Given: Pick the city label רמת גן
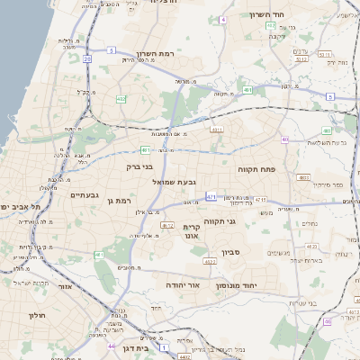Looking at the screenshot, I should pyautogui.click(x=119, y=201).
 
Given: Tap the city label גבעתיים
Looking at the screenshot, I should pyautogui.click(x=84, y=194).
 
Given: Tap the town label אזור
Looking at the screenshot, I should pyautogui.click(x=65, y=286).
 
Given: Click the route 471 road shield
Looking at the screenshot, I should pyautogui.click(x=211, y=195).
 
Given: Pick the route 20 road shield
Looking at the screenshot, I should pyautogui.click(x=87, y=58).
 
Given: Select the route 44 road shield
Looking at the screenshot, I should pyautogui.click(x=111, y=346).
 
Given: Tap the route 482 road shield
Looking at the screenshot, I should pyautogui.click(x=121, y=99).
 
